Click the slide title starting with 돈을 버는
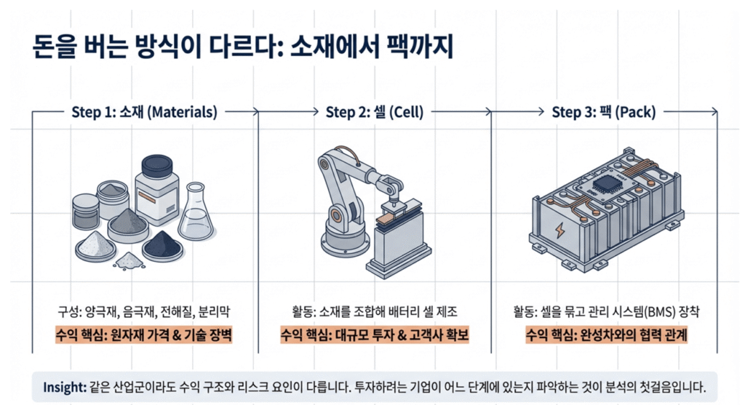(x=243, y=47)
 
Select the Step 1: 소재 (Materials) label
(x=144, y=112)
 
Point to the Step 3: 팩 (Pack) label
(x=603, y=112)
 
